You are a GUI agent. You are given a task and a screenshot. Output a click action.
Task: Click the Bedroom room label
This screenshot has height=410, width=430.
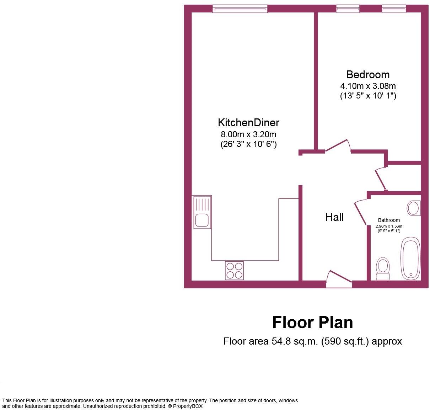click(x=368, y=74)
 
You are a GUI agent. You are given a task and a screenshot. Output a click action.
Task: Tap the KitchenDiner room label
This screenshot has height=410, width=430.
click(x=248, y=122)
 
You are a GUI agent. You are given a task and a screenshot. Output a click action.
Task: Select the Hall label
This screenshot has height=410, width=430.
click(x=334, y=217)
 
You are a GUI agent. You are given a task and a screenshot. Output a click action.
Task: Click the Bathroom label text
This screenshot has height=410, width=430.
click(x=389, y=220)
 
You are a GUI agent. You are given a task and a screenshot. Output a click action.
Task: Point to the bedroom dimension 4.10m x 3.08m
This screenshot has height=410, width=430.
click(x=368, y=86)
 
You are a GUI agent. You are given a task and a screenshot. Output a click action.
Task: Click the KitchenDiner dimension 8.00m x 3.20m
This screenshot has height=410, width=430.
click(x=248, y=134)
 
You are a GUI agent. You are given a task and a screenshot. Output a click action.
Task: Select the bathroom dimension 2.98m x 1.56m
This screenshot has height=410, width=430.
click(x=389, y=226)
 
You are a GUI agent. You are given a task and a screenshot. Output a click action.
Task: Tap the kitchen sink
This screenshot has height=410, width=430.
click(x=202, y=212)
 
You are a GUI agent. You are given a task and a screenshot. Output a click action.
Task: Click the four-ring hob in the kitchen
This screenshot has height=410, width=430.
click(x=234, y=270)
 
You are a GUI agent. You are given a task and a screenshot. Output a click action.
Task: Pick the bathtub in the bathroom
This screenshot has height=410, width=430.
click(x=410, y=258)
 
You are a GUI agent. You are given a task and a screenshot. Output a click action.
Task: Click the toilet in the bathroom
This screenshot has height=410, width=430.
click(x=383, y=269)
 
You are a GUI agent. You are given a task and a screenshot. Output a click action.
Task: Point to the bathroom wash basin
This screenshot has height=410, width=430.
click(x=414, y=208)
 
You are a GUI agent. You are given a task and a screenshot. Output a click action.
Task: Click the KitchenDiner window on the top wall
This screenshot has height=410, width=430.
click(x=240, y=9)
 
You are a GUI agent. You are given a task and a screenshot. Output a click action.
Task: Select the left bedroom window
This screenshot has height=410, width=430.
click(x=348, y=9)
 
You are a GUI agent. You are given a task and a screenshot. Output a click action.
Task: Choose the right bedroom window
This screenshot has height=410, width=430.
click(x=394, y=9)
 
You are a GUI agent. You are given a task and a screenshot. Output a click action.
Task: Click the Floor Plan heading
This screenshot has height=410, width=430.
click(x=312, y=323)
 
